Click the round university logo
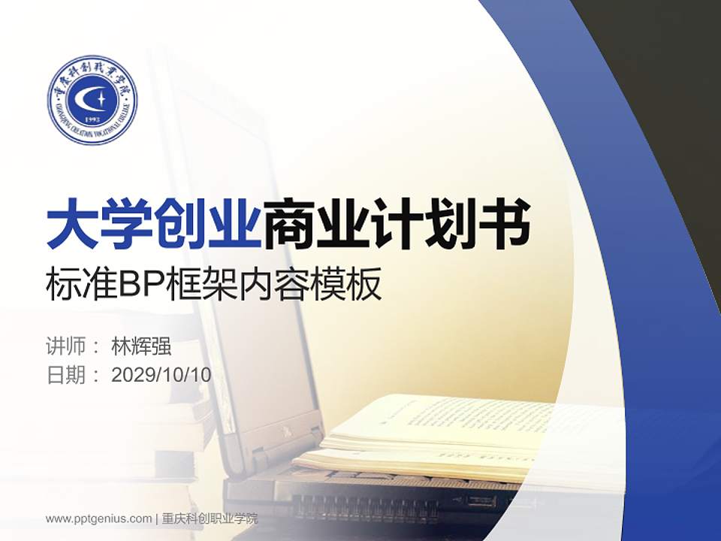[92, 100]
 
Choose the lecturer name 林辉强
[141, 347]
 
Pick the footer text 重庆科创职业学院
[210, 518]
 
